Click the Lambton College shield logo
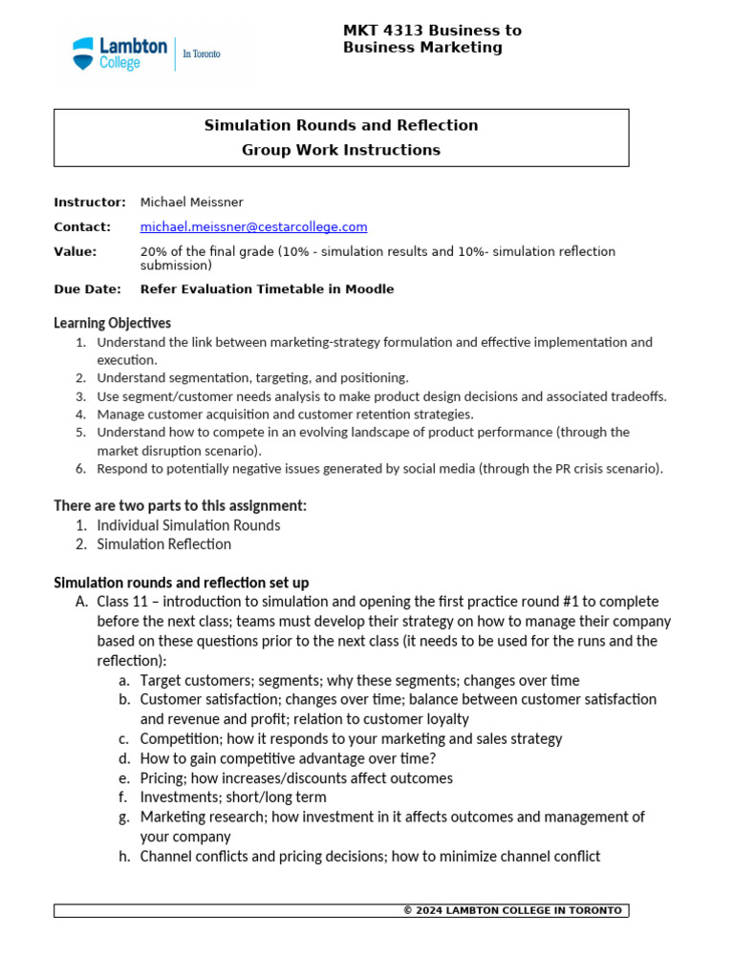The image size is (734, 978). [84, 53]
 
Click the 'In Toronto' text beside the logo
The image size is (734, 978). [202, 54]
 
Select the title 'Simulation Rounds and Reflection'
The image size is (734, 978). [341, 125]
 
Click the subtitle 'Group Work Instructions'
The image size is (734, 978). [341, 150]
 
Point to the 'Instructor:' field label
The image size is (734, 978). [90, 202]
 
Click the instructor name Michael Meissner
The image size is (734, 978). [191, 202]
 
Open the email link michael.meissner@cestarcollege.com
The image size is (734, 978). [253, 227]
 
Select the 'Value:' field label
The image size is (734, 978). [76, 252]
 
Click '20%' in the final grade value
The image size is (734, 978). [155, 252]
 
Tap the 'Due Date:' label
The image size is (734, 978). [87, 289]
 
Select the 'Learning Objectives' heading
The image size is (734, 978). [112, 323]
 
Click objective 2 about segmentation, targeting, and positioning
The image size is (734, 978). [252, 378]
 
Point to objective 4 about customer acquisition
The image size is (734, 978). [285, 415]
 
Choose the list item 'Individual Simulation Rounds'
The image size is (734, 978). [188, 525]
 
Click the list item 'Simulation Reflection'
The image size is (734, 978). [163, 544]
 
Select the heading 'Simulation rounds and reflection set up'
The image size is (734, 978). [181, 583]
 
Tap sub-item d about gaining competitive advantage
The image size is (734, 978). [288, 758]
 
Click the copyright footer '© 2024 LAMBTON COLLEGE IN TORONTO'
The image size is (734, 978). [512, 910]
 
